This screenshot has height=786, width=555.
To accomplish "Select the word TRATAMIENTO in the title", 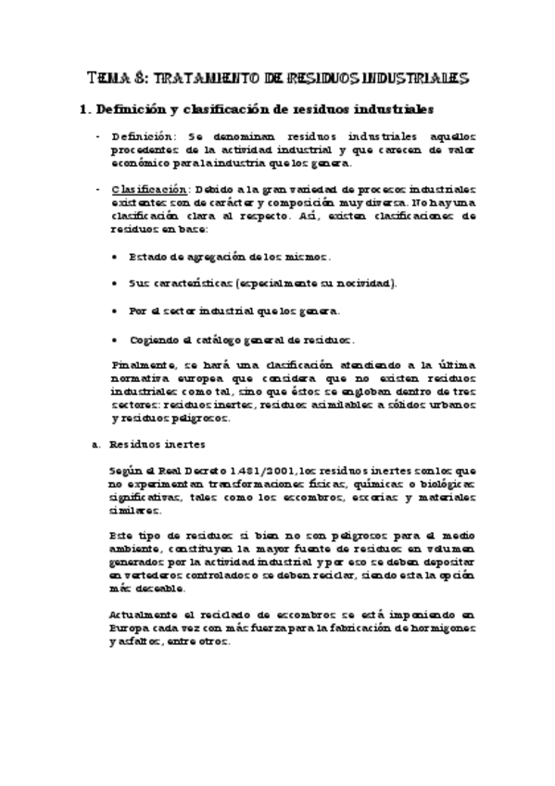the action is pos(197,78).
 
